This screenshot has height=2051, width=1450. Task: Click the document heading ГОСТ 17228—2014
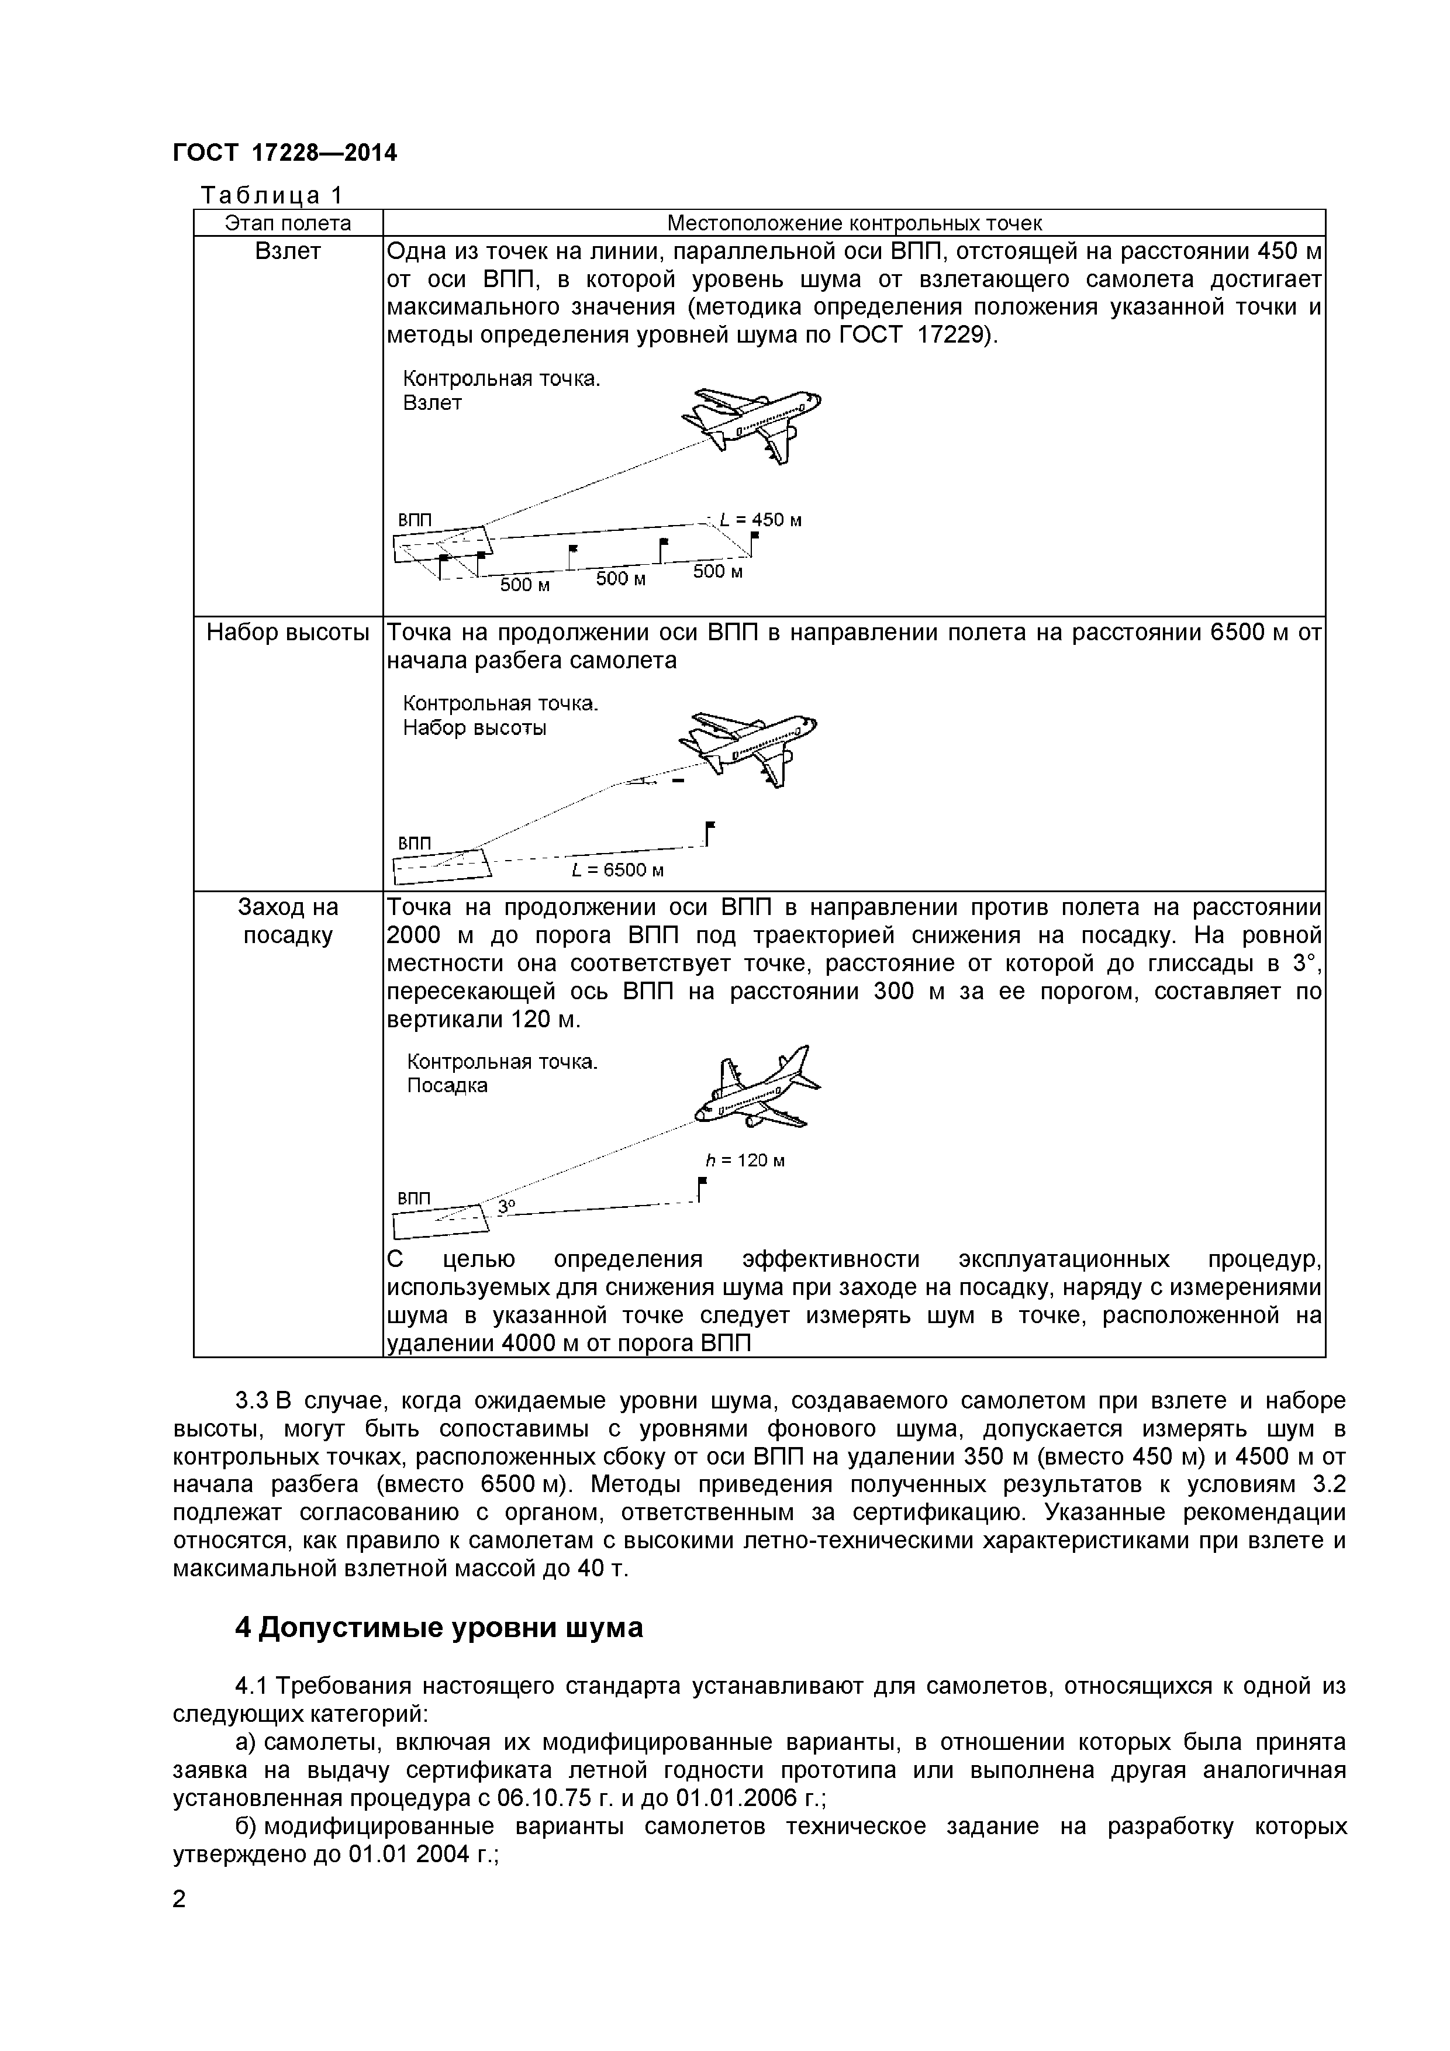click(x=284, y=153)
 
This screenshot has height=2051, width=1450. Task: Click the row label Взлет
click(x=288, y=252)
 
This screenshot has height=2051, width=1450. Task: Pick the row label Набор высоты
click(x=288, y=633)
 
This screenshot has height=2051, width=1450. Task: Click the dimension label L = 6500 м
click(x=618, y=870)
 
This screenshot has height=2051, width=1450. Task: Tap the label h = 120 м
click(x=745, y=1161)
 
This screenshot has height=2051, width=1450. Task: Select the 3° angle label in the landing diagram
click(x=506, y=1206)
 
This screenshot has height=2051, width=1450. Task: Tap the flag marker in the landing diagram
click(x=702, y=1189)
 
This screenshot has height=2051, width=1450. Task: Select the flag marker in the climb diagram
click(x=709, y=833)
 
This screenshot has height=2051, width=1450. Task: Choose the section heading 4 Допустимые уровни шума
click(x=439, y=1628)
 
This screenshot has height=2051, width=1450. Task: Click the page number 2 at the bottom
click(x=179, y=1924)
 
